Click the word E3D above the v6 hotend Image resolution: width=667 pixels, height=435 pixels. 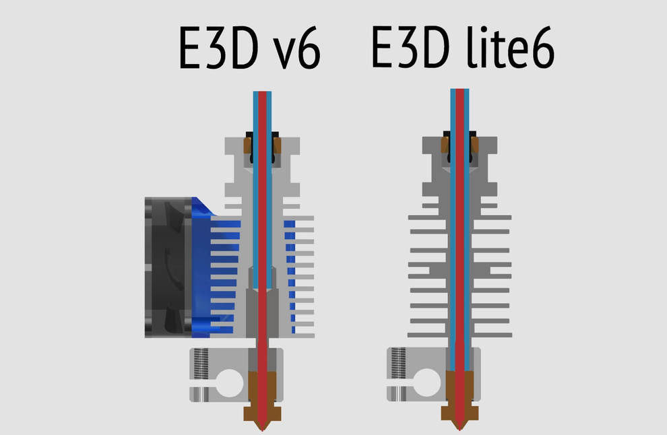pos(219,48)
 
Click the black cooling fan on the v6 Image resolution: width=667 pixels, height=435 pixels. pos(167,268)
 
